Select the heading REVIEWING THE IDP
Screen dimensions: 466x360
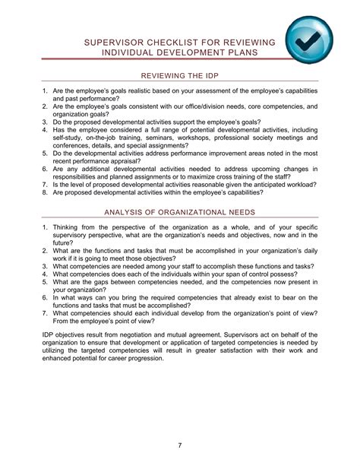point(179,77)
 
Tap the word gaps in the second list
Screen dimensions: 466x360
point(105,282)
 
